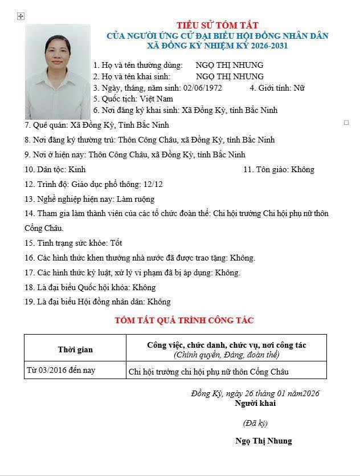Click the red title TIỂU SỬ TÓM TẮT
click(217, 25)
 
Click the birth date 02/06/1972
click(203, 88)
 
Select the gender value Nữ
click(299, 88)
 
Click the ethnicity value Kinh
click(77, 169)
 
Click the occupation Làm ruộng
click(136, 199)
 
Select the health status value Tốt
click(116, 243)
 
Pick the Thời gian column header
click(75, 349)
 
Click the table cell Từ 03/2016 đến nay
click(61, 371)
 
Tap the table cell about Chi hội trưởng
click(208, 372)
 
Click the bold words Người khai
click(255, 403)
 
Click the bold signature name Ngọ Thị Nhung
click(263, 441)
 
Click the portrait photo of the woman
click(58, 71)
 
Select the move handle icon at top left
click(21, 17)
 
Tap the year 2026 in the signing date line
click(310, 393)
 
